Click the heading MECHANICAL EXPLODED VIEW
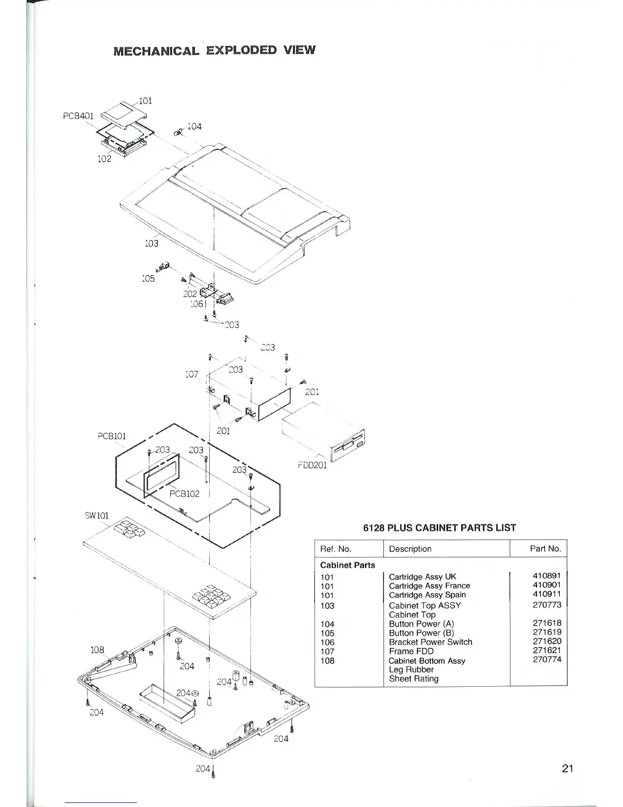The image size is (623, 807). (x=214, y=50)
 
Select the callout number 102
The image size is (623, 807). (x=104, y=159)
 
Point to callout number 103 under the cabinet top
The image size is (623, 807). (x=152, y=244)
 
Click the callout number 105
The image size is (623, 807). (x=148, y=279)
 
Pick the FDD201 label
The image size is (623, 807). (x=312, y=465)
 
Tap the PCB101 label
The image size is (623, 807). (x=111, y=437)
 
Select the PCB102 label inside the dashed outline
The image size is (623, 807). (x=184, y=494)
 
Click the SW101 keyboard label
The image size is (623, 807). (x=96, y=516)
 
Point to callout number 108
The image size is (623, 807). (x=97, y=650)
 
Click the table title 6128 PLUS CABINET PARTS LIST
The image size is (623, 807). (x=439, y=528)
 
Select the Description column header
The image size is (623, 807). (x=410, y=549)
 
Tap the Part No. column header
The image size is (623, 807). (x=545, y=549)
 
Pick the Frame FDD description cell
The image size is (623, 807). (x=411, y=651)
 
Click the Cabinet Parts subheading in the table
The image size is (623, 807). (x=348, y=565)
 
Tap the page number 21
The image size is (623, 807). (x=568, y=769)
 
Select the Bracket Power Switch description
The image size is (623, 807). (x=430, y=642)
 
